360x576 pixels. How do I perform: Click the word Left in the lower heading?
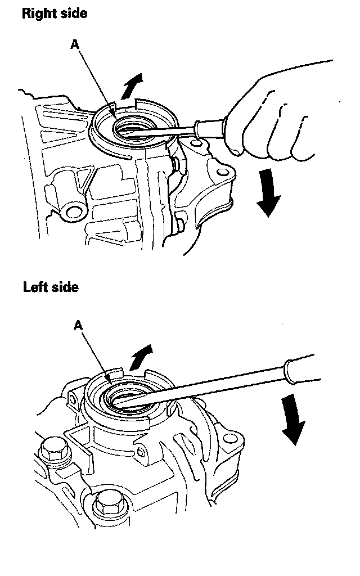[34, 287]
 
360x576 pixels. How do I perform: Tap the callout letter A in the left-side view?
[78, 326]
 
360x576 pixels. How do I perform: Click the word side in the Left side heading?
[63, 287]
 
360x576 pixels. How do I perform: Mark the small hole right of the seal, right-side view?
[195, 146]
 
